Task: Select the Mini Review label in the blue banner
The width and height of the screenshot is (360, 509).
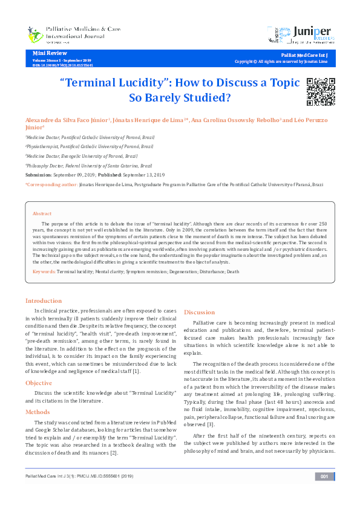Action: (x=46, y=54)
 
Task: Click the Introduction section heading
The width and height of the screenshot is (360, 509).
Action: (x=44, y=300)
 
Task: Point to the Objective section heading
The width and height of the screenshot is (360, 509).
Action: (x=39, y=383)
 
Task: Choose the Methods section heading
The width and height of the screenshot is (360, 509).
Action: (x=38, y=412)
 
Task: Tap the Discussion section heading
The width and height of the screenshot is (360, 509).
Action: (x=200, y=312)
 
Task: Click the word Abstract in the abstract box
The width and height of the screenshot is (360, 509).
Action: (x=42, y=214)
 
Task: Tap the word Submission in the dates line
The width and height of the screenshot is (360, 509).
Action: (x=39, y=174)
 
